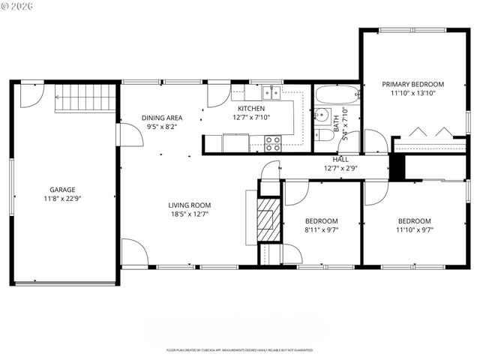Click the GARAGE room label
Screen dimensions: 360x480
[x=62, y=190]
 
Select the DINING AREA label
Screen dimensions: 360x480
[x=163, y=118]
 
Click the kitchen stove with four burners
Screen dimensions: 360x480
[x=273, y=142]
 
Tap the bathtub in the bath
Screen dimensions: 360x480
[x=337, y=95]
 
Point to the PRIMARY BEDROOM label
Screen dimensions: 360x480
[x=412, y=84]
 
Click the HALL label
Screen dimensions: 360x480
[x=340, y=159]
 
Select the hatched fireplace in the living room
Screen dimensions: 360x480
[x=268, y=219]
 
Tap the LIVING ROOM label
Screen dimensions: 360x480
[x=189, y=205]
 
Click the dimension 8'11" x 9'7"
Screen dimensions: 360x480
[x=322, y=230]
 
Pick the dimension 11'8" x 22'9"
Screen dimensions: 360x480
[x=62, y=199]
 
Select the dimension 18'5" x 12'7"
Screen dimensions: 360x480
[x=189, y=214]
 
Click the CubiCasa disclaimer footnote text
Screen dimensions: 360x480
[x=239, y=350]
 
